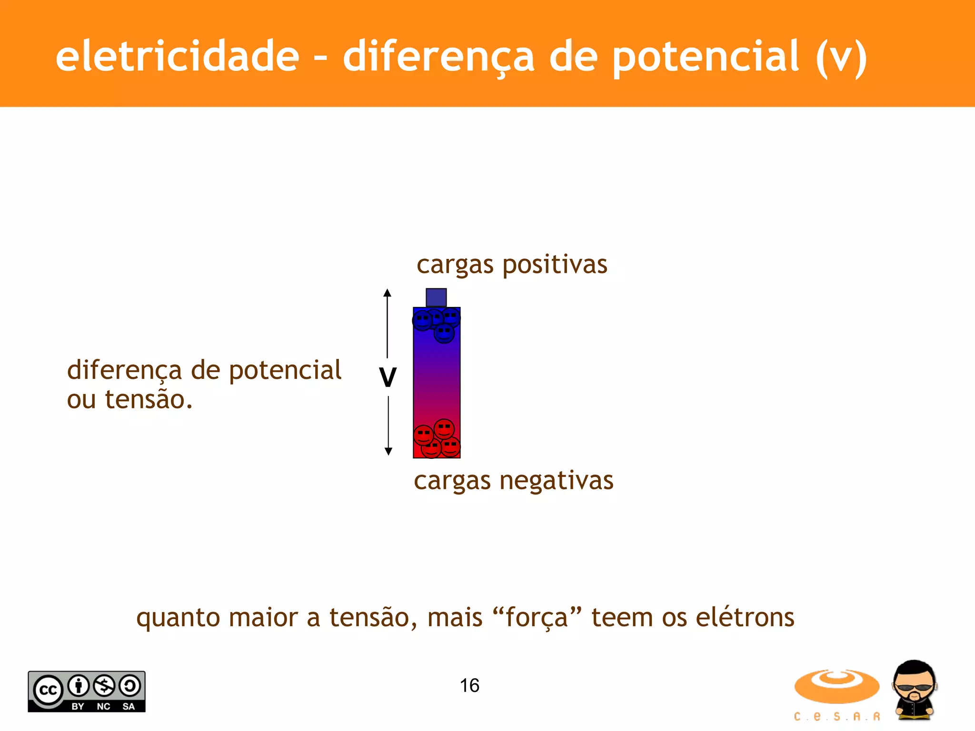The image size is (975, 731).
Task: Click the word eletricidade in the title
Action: [177, 56]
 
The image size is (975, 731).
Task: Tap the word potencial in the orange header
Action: [705, 57]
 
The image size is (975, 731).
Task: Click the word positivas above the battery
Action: [555, 264]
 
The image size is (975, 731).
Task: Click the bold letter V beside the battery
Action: [388, 378]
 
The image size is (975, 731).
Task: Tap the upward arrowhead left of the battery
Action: [388, 293]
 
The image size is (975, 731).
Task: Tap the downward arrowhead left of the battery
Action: [388, 451]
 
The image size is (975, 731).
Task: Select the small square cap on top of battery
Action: [436, 297]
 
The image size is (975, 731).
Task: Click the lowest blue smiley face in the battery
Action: [444, 333]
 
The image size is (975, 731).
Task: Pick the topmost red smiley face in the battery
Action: [444, 429]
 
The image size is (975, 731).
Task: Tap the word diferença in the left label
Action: [124, 370]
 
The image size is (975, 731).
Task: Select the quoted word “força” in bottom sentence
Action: [537, 618]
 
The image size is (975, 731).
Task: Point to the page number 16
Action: [469, 686]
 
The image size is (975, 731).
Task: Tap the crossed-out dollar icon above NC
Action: [104, 686]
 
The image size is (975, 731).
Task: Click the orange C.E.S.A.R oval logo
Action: [836, 686]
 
